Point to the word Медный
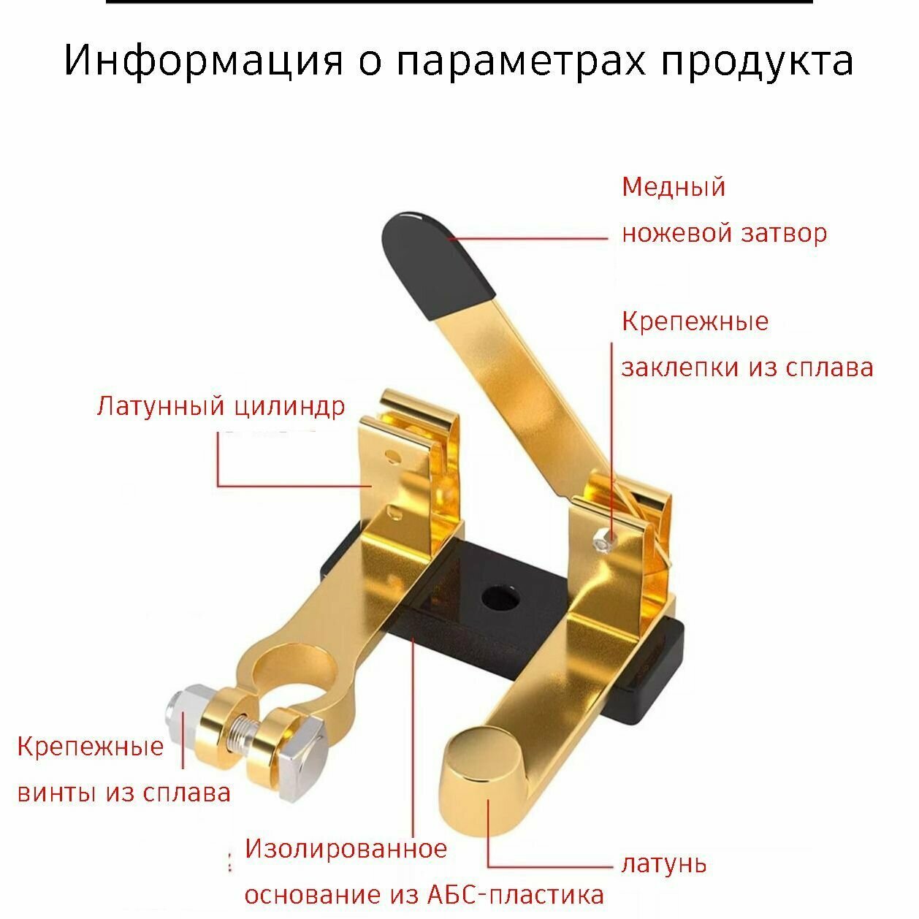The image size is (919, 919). (x=674, y=187)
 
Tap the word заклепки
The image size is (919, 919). (x=680, y=367)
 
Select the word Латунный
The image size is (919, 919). (x=160, y=405)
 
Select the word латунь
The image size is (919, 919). (x=664, y=864)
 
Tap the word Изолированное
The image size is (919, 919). (x=346, y=849)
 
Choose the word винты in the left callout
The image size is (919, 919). (x=58, y=793)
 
